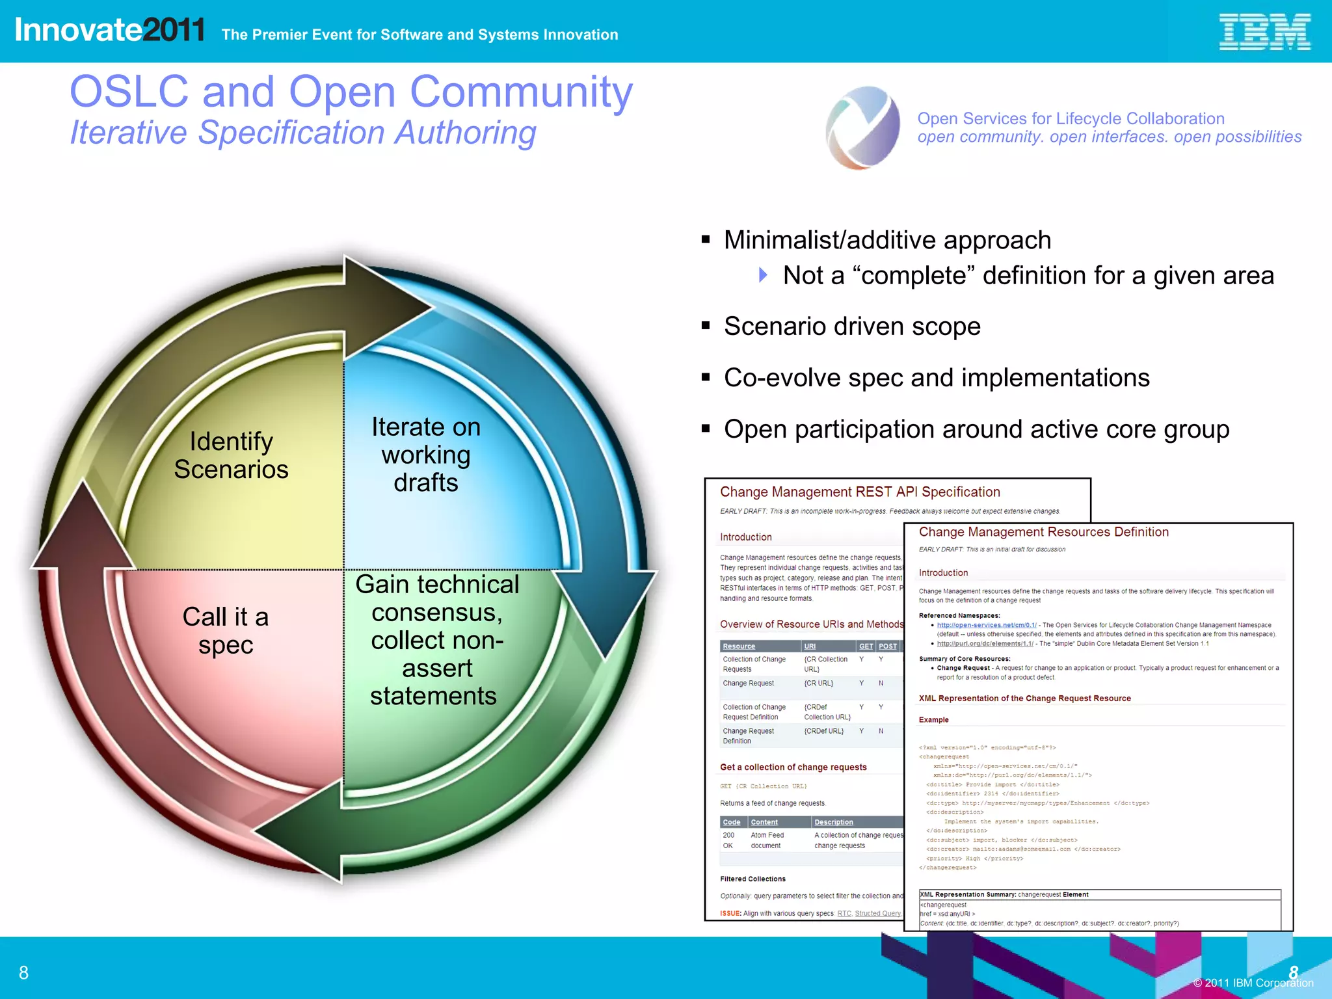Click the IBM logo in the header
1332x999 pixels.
1264,33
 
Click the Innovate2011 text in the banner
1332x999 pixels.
109,31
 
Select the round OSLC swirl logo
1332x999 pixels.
862,127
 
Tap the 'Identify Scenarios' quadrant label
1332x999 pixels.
231,455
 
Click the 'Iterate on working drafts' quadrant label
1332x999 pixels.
426,455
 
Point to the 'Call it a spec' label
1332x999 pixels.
225,630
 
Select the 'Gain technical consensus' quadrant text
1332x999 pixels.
436,640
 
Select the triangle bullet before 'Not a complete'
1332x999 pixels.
764,275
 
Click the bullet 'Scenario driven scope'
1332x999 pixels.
852,326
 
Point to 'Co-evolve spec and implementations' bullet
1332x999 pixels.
937,378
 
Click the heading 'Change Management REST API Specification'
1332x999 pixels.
860,492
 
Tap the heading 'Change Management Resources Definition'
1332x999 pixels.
1043,532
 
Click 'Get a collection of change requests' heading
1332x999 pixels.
793,767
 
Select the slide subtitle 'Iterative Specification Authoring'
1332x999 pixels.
303,133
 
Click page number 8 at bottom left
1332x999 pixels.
24,973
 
